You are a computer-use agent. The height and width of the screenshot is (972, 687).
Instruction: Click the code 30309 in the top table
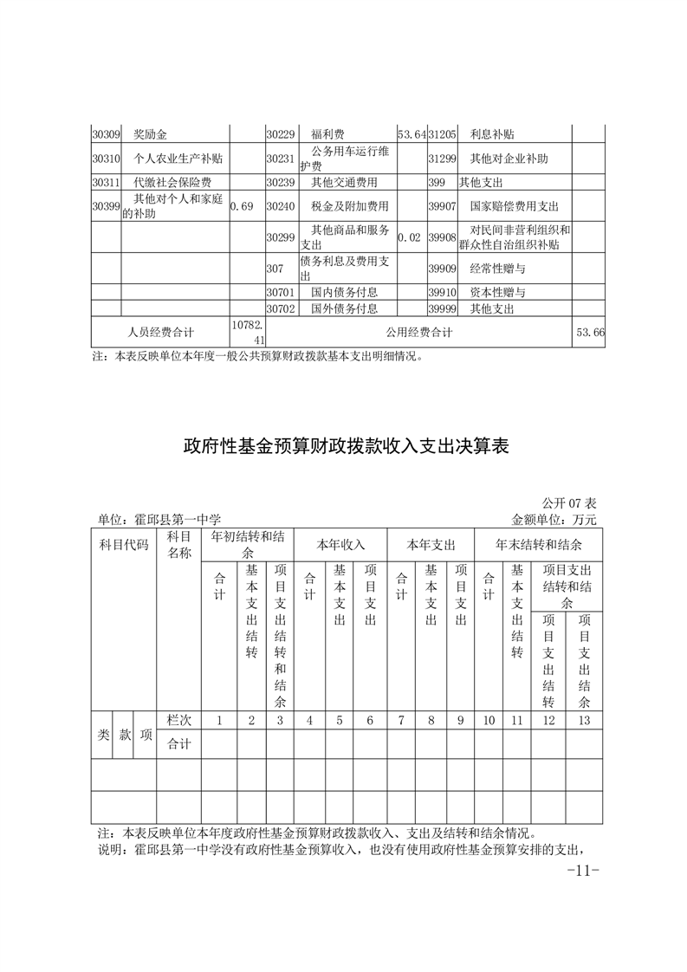105,134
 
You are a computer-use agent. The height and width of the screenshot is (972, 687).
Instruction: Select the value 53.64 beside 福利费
412,134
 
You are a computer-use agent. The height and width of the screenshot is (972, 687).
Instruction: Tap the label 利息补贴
492,134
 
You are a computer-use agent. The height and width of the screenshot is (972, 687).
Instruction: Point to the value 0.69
242,207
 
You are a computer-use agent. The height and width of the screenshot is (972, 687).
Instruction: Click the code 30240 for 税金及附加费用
281,207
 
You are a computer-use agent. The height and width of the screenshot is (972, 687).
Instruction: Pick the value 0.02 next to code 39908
412,236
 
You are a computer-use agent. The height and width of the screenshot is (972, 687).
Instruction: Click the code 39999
442,308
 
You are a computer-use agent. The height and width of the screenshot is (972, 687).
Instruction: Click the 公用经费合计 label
420,332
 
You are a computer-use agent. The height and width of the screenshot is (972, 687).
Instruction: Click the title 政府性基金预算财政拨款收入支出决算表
346,447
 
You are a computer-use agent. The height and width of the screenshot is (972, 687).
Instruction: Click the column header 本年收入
340,545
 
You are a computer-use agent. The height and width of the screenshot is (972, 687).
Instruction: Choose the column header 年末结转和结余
538,545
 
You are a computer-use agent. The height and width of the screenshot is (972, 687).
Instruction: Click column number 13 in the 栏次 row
584,720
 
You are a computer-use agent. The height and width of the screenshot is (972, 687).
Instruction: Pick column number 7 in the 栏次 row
401,720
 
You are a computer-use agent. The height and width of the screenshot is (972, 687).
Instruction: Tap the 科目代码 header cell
123,545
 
